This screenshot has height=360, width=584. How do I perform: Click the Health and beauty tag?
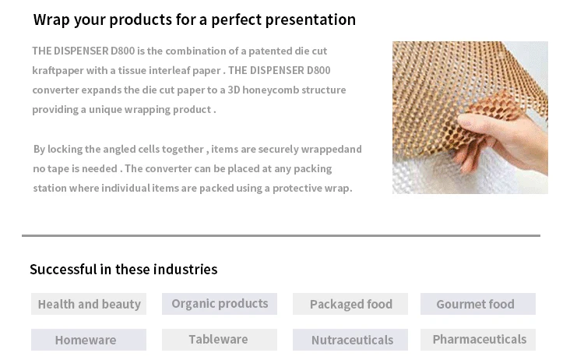pyautogui.click(x=89, y=304)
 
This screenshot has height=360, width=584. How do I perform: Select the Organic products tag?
pyautogui.click(x=220, y=304)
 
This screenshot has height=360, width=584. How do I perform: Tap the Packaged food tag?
pyautogui.click(x=350, y=304)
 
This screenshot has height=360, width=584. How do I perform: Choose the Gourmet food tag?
pyautogui.click(x=478, y=304)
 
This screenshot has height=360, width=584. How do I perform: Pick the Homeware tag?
pyautogui.click(x=89, y=340)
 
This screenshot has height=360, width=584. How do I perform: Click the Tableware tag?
pyautogui.click(x=220, y=340)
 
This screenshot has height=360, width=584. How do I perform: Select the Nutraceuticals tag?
pyautogui.click(x=350, y=340)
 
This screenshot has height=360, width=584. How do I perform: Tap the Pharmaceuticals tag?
pyautogui.click(x=478, y=340)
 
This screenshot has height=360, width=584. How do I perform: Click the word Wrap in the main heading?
pyautogui.click(x=51, y=20)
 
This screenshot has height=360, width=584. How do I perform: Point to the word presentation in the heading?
pyautogui.click(x=310, y=20)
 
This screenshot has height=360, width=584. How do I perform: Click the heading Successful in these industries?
pyautogui.click(x=123, y=269)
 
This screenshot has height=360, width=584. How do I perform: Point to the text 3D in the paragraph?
pyautogui.click(x=234, y=90)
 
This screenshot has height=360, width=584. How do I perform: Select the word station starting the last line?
pyautogui.click(x=50, y=188)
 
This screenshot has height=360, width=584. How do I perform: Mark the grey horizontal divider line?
pyautogui.click(x=281, y=235)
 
